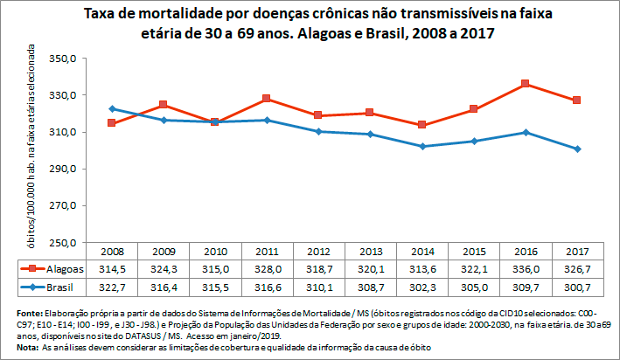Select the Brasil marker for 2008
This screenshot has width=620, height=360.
click(x=111, y=108)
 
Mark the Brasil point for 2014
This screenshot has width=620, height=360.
click(x=421, y=146)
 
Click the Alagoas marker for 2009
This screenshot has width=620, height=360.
click(x=163, y=105)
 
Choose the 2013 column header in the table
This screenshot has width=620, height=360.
click(x=370, y=251)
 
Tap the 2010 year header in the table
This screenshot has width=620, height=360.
click(x=214, y=251)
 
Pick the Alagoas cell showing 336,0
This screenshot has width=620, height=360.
click(x=525, y=268)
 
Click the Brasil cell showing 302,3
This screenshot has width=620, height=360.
click(x=421, y=286)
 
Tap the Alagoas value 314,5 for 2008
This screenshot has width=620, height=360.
click(x=111, y=268)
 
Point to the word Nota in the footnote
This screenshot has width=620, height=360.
click(x=27, y=348)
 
